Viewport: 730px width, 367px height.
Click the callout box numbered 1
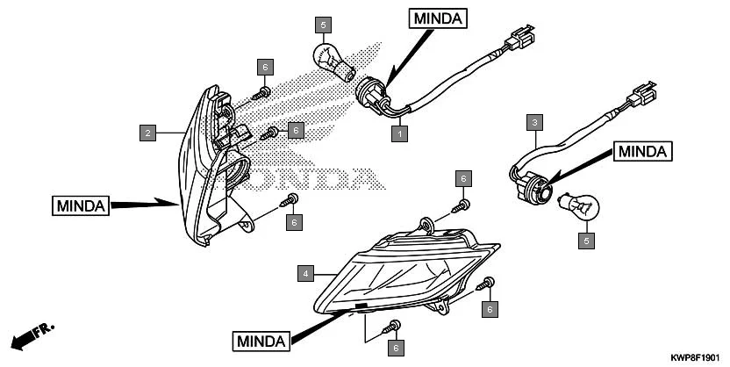click(x=399, y=134)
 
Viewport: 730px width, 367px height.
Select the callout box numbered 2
click(x=148, y=133)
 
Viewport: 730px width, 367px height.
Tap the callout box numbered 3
click(x=533, y=123)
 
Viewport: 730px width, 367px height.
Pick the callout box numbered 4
click(x=304, y=274)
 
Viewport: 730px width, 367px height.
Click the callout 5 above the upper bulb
click(x=324, y=25)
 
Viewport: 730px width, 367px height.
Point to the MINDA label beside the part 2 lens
click(x=79, y=206)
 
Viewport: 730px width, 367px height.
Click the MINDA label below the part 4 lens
click(x=261, y=341)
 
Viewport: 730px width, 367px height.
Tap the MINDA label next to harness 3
click(x=642, y=152)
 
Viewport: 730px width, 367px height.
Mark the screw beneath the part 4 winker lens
click(x=393, y=327)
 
